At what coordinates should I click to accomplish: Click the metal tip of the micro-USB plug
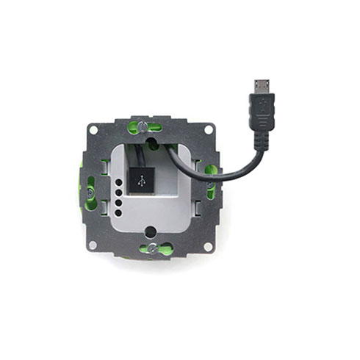(x=262, y=86)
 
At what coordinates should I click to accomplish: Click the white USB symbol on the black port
(x=141, y=181)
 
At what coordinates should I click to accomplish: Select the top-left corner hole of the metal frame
(x=92, y=129)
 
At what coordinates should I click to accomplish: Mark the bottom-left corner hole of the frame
(x=92, y=245)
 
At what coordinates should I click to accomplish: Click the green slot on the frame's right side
(x=211, y=184)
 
